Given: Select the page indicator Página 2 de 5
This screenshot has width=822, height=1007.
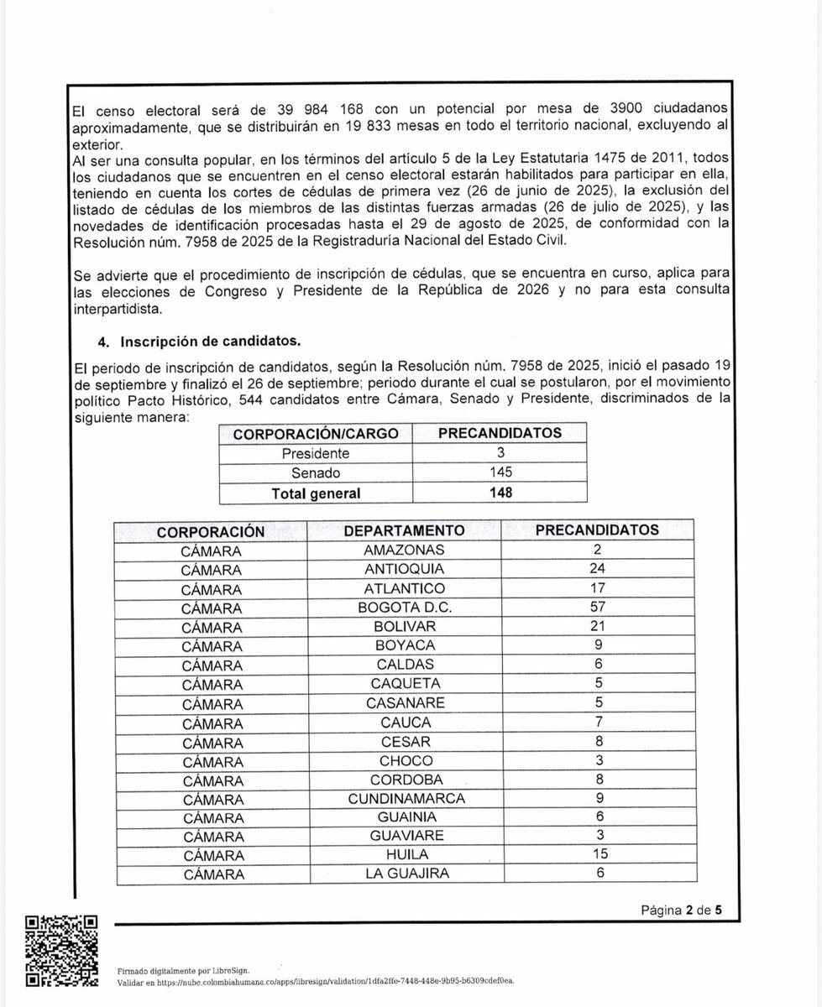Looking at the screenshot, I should point(682,909).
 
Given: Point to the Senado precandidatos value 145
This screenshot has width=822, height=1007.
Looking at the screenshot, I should point(500,472).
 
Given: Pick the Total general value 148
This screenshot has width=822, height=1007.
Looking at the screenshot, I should point(500,493).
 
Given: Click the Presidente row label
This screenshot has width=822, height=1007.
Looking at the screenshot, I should point(316,453).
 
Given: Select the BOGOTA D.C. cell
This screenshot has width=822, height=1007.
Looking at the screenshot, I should point(405,607).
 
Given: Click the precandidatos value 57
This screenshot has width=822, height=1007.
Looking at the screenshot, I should point(598,607).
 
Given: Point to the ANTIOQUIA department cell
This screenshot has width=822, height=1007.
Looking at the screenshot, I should point(405,569).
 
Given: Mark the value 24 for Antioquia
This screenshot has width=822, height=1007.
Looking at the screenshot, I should point(598,569).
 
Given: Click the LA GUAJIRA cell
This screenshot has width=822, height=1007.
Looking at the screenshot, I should point(405,874).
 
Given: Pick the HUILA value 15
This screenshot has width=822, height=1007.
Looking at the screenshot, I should point(598,855).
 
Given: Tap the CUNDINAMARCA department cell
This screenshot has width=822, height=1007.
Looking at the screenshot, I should point(405,798).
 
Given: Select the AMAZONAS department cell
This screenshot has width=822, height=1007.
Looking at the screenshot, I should point(405,550).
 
